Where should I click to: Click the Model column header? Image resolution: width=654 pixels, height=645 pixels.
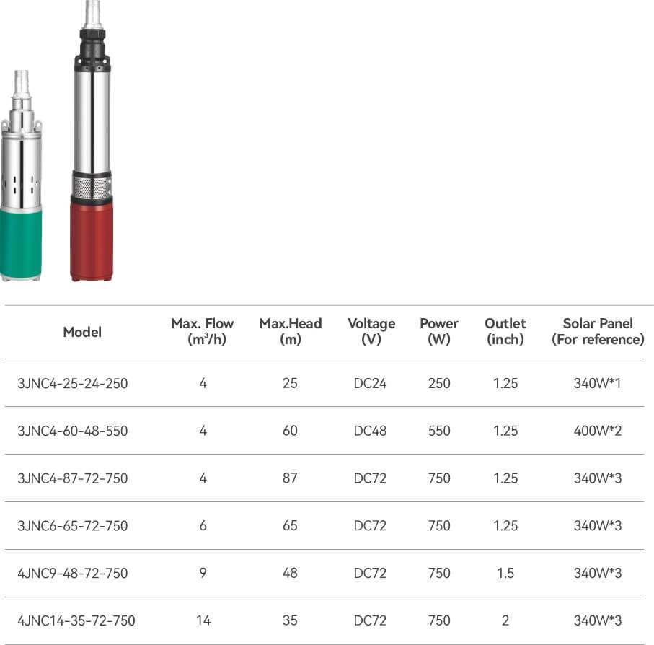pyautogui.click(x=82, y=332)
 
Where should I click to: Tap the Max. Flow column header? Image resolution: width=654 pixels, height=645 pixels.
pyautogui.click(x=203, y=331)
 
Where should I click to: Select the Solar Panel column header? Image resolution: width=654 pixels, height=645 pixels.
pyautogui.click(x=598, y=331)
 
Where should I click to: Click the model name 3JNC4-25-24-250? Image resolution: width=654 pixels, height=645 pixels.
pyautogui.click(x=73, y=383)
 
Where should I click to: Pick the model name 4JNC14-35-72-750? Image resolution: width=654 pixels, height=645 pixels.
pyautogui.click(x=76, y=620)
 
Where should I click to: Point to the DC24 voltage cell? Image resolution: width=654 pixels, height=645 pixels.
pyautogui.click(x=370, y=383)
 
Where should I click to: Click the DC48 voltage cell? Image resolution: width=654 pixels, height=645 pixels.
pyautogui.click(x=370, y=431)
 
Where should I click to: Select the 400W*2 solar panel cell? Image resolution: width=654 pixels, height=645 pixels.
pyautogui.click(x=598, y=431)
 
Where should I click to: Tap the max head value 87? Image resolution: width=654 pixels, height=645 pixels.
pyautogui.click(x=290, y=478)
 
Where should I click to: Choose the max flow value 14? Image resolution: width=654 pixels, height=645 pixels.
pyautogui.click(x=203, y=620)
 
